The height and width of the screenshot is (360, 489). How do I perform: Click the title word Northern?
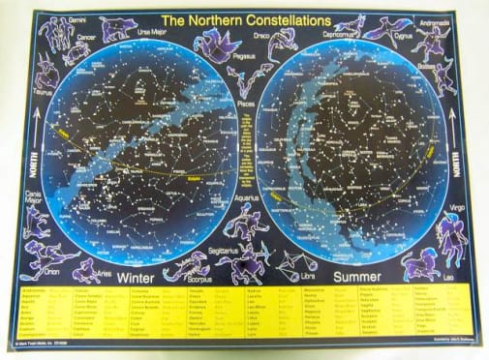[219, 18]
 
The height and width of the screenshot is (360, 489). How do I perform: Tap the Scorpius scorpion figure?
[243, 262]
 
